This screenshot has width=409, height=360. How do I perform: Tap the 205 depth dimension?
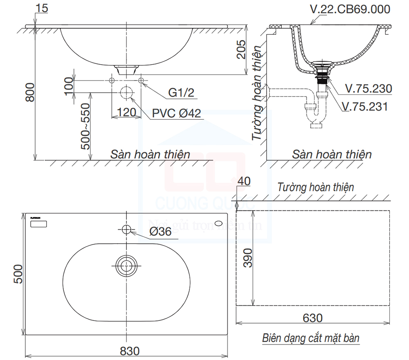[241, 50]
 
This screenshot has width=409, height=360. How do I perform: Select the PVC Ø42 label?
[177, 113]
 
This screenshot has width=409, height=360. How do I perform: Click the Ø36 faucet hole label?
[160, 232]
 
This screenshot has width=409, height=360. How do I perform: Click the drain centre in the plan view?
[126, 265]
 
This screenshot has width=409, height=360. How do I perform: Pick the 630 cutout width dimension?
[313, 318]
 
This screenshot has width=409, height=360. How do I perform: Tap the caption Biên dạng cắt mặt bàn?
[310, 338]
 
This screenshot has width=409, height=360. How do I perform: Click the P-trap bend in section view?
[316, 119]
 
